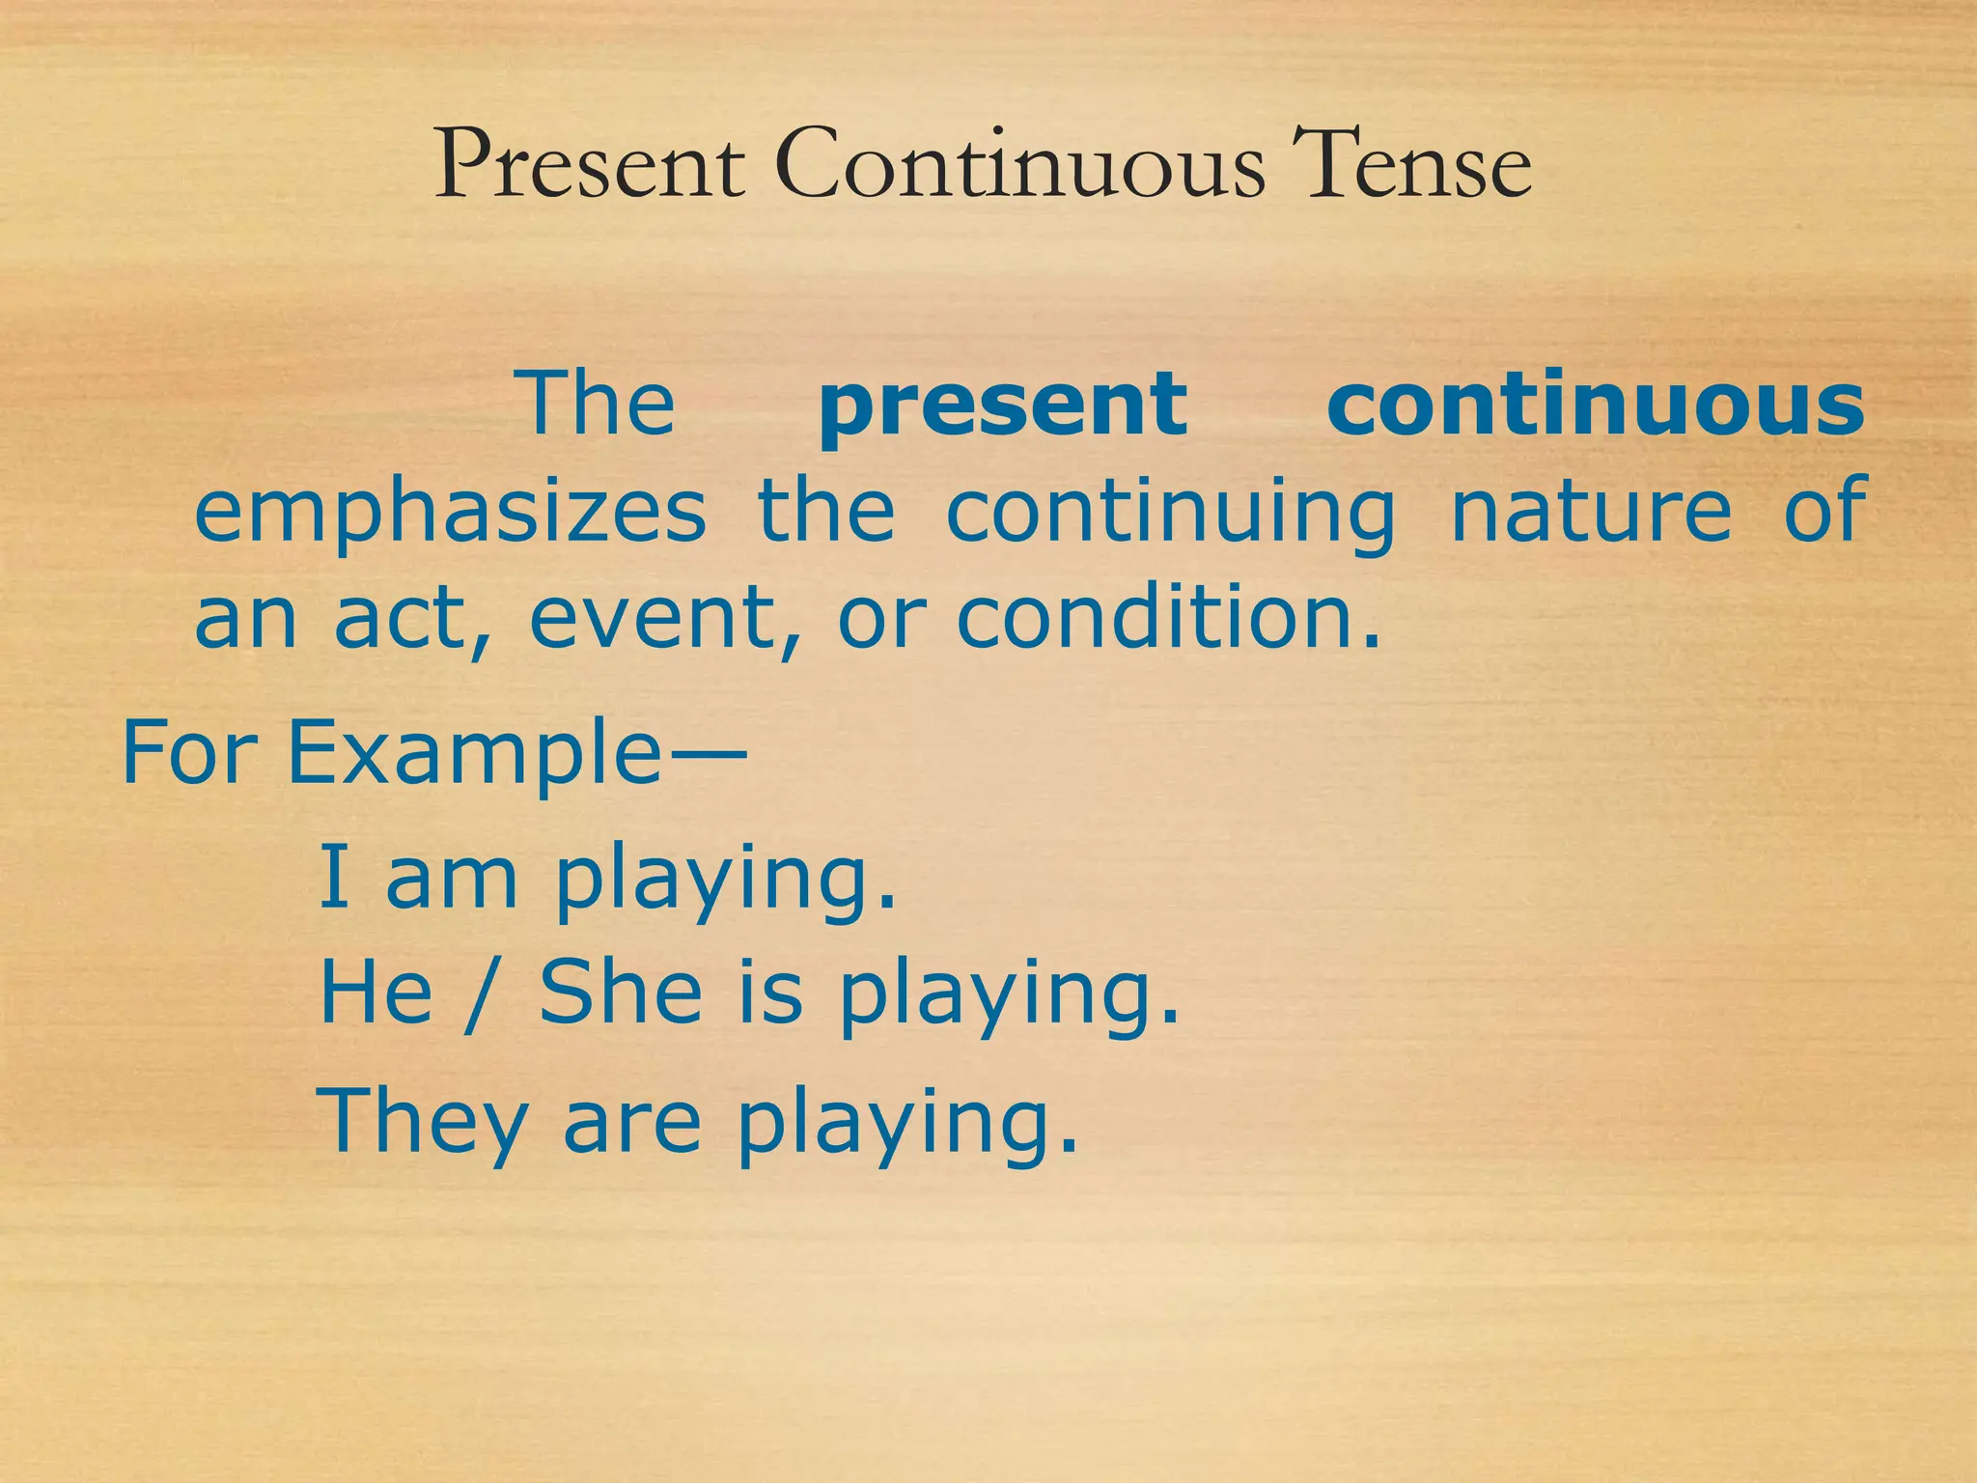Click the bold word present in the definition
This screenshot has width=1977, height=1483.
click(x=1002, y=406)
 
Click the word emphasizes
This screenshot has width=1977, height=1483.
click(x=450, y=512)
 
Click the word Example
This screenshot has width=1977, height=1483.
click(x=473, y=753)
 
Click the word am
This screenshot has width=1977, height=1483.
click(x=452, y=879)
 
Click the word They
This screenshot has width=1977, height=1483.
click(x=423, y=1122)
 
